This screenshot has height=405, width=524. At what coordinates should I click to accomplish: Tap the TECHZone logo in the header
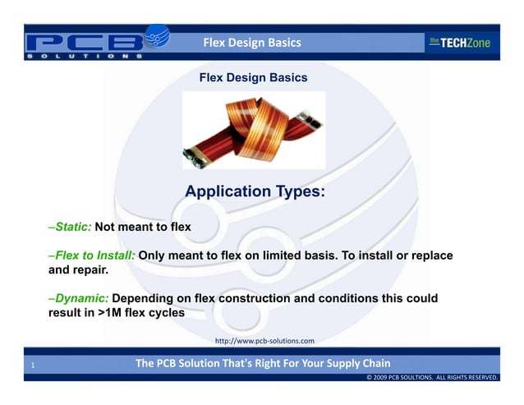coord(459,43)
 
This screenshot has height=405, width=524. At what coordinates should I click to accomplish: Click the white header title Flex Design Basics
coord(252,42)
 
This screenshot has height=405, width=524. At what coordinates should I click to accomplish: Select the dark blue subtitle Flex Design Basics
coord(253,78)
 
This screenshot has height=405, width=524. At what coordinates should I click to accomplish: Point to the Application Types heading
coord(255,192)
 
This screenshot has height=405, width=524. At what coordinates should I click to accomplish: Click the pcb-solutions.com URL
coord(264,340)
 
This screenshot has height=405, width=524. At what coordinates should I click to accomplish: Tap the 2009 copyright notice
coord(432,377)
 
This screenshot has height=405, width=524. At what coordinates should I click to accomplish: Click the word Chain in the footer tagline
coord(375,363)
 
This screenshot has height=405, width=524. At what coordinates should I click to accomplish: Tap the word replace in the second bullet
coord(430,255)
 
